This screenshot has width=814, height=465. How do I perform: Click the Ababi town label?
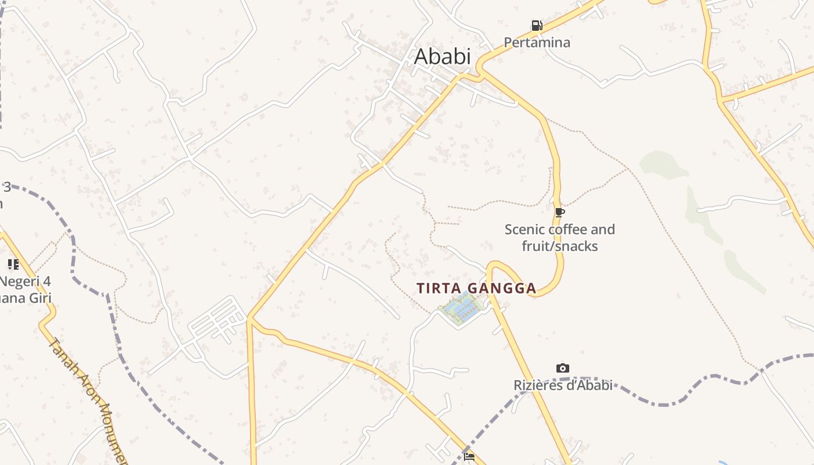click(442, 57)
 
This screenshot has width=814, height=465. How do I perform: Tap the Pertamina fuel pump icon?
click(537, 26)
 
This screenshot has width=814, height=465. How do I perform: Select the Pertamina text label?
click(537, 42)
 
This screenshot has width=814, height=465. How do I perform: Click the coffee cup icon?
click(559, 213)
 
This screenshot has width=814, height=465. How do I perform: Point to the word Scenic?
click(524, 230)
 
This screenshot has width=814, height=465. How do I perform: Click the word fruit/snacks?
click(559, 246)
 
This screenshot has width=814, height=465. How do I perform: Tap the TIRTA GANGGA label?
click(476, 288)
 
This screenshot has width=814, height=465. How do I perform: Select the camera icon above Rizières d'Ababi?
click(562, 368)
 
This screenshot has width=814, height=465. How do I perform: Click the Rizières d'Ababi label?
click(562, 385)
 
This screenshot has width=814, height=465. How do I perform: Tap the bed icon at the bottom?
click(469, 456)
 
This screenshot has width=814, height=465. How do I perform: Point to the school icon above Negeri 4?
click(13, 264)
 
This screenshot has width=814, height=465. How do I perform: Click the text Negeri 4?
click(26, 282)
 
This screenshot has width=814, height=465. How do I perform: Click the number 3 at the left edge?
click(7, 187)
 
